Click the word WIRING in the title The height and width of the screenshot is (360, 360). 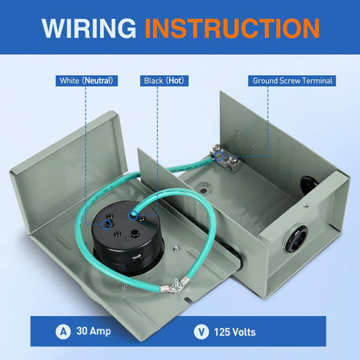tap(88, 28)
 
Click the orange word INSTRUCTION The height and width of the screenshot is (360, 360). tap(232, 28)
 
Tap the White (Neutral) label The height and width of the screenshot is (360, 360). tap(86, 81)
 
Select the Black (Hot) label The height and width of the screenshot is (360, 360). tap(164, 81)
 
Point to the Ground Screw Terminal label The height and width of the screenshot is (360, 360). tap(292, 81)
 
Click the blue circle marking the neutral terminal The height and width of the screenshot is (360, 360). tap(106, 225)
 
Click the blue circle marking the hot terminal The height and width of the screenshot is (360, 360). tap(133, 215)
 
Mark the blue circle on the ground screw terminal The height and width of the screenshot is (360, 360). tap(220, 156)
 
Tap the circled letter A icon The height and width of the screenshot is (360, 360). tap(63, 332)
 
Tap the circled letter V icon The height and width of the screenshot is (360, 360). tap(201, 332)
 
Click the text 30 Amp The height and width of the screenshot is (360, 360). tap(94, 331)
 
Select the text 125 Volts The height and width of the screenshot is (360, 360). tap(235, 332)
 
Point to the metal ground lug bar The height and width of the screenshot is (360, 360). tap(226, 158)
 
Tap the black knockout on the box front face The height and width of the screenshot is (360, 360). tap(296, 239)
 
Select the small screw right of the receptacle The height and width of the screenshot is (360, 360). tap(177, 248)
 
